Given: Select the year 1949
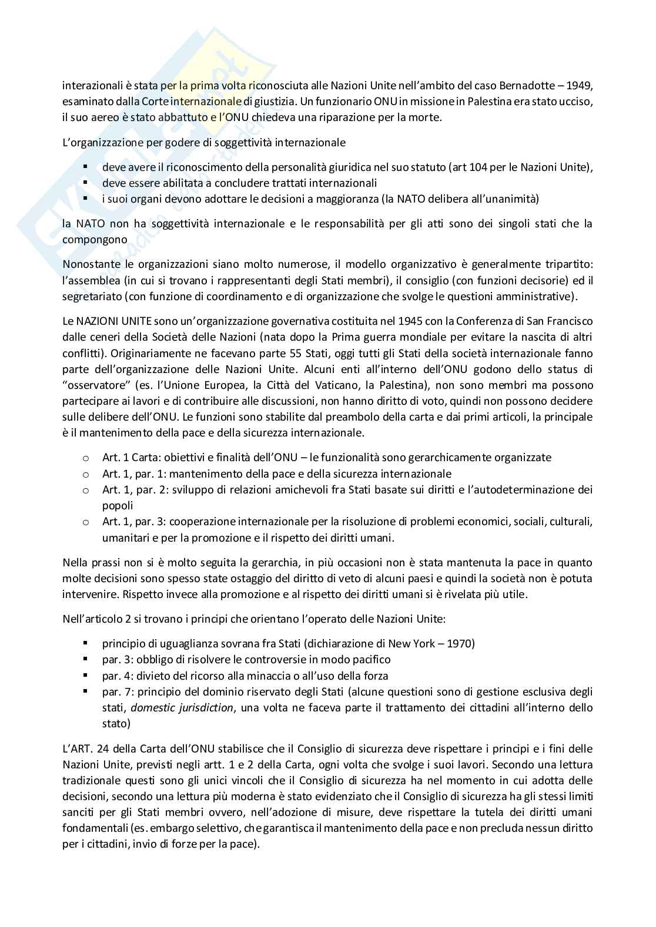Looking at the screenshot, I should pyautogui.click(x=581, y=85).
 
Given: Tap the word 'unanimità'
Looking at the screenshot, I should pyautogui.click(x=514, y=199).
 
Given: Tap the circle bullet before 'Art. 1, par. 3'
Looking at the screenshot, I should pyautogui.click(x=86, y=522).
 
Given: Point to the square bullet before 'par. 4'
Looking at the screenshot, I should pyautogui.click(x=86, y=676).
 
